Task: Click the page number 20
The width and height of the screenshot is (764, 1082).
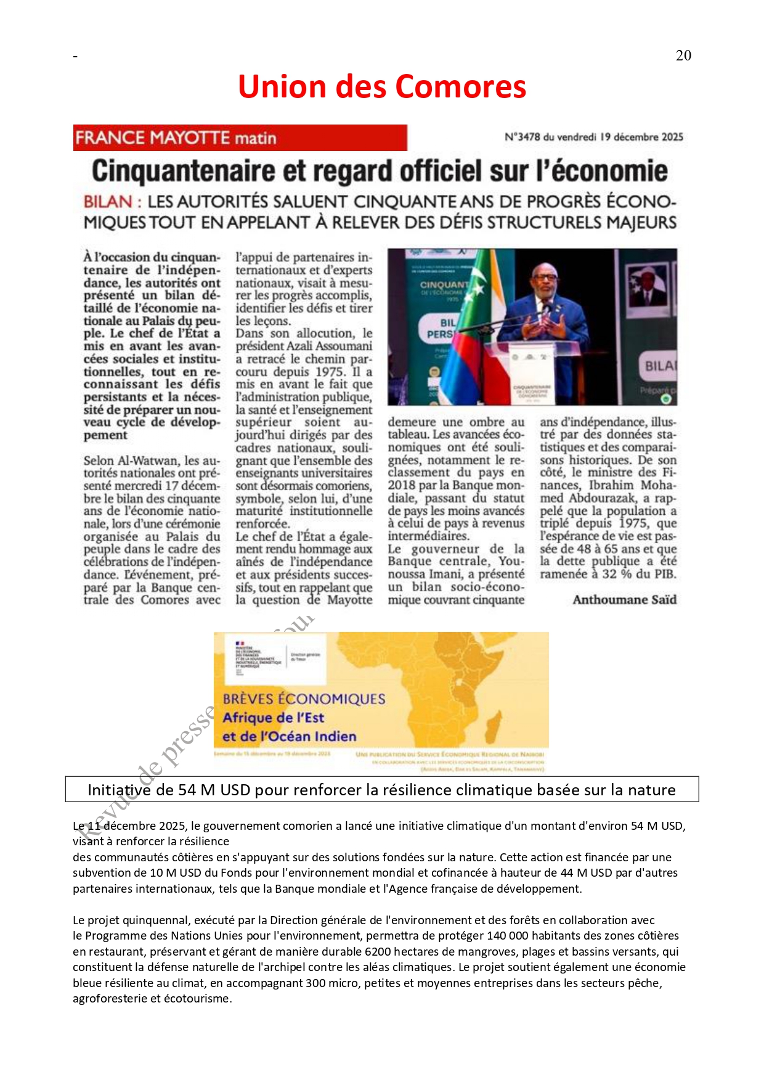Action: pyautogui.click(x=683, y=55)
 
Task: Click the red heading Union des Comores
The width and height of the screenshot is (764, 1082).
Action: pyautogui.click(x=382, y=86)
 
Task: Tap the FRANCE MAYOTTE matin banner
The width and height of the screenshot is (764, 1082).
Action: pyautogui.click(x=240, y=137)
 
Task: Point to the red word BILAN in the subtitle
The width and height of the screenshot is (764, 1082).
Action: pyautogui.click(x=108, y=202)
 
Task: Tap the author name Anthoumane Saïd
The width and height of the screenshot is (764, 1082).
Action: pyautogui.click(x=624, y=599)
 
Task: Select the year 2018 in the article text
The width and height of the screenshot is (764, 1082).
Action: pyautogui.click(x=400, y=485)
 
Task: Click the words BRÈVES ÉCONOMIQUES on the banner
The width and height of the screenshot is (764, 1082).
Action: pyautogui.click(x=304, y=699)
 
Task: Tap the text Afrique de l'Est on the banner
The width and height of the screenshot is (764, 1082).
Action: pyautogui.click(x=273, y=718)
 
